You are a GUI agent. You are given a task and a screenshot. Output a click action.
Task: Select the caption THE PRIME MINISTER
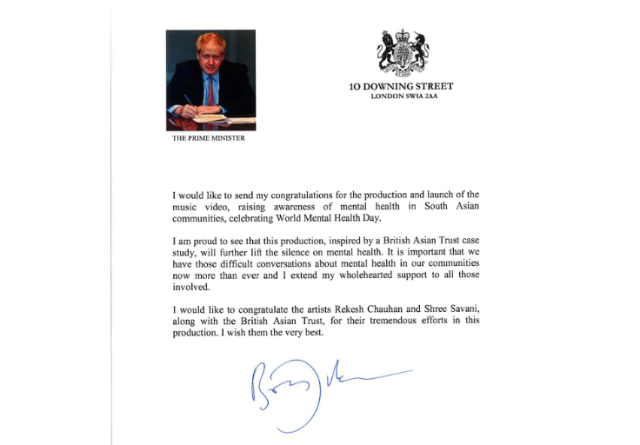(x=209, y=138)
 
